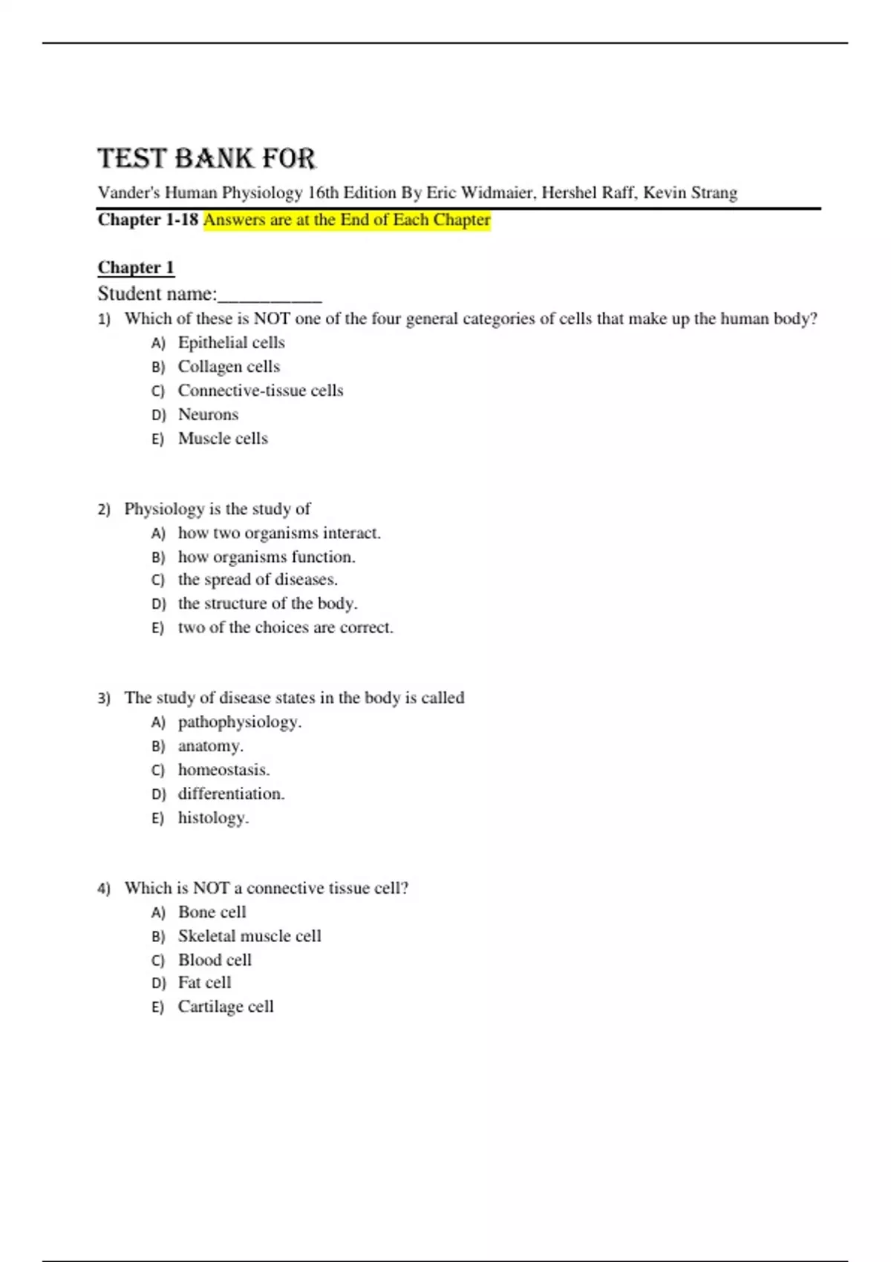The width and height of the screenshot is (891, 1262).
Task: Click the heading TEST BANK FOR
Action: coord(206,158)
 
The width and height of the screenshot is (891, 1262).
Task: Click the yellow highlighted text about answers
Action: coord(347,220)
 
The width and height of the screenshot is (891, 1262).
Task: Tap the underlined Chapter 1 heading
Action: coord(136,267)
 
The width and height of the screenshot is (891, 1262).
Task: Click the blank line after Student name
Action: coord(270,295)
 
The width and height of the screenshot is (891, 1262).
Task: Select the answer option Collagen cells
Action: coord(229,367)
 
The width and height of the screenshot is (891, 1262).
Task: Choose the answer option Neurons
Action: coord(208,414)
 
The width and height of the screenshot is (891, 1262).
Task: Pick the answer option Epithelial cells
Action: coord(231,342)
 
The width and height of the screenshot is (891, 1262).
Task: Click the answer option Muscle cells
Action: coord(223,439)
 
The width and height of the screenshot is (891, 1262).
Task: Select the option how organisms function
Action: coord(267,557)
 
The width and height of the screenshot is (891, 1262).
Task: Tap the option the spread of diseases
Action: coord(258,580)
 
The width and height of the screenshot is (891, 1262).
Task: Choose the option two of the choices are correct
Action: coord(286,627)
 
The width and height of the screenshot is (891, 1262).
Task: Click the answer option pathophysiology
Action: coord(240,722)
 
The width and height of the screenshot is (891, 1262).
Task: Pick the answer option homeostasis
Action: coord(223,770)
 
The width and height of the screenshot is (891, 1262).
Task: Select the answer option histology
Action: coord(213,818)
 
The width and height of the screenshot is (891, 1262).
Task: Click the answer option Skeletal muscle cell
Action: coord(249,936)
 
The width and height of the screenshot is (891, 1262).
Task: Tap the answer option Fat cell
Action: coord(204,983)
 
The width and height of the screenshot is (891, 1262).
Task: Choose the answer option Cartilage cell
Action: coord(226,1007)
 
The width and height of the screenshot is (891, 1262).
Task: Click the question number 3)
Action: coord(104,699)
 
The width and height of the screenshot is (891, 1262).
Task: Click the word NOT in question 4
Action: coord(211,888)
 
